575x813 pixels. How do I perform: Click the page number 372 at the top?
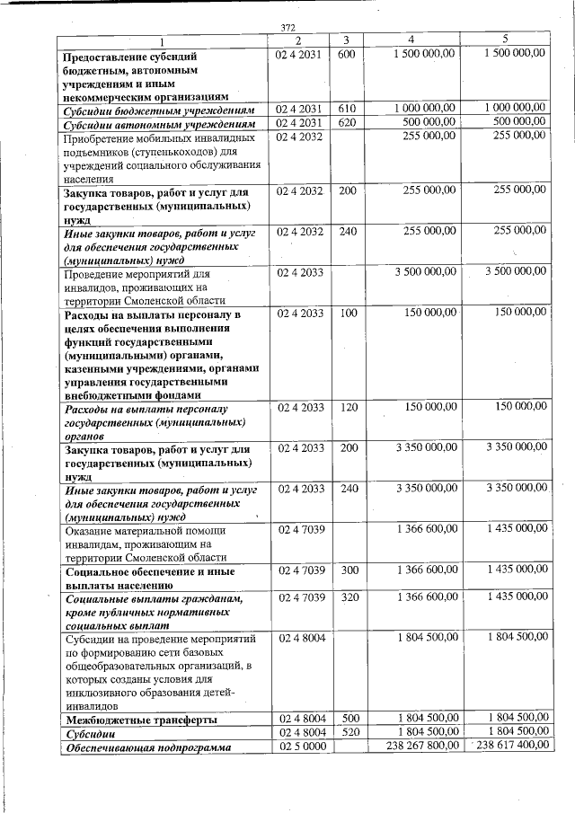click(288, 27)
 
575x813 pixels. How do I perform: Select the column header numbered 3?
click(346, 40)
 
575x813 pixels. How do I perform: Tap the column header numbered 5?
click(505, 40)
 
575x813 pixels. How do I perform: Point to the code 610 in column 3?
click(347, 109)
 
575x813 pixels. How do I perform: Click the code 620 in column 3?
click(347, 122)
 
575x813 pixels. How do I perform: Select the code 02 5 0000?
click(301, 747)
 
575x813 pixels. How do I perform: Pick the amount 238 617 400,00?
click(510, 747)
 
